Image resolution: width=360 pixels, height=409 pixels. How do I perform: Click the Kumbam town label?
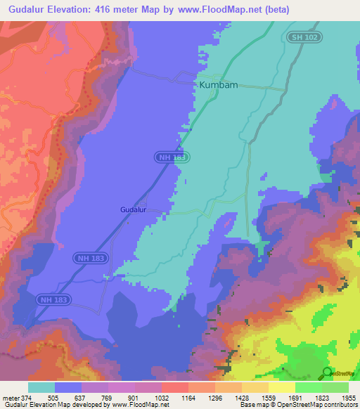(218, 84)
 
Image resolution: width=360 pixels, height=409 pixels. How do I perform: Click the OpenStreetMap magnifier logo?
(327, 372)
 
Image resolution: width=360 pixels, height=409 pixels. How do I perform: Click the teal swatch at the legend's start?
(41, 387)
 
